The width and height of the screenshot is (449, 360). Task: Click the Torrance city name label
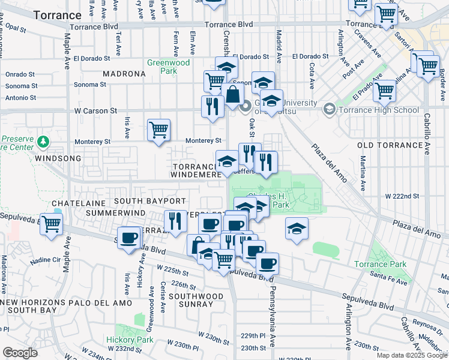(58, 15)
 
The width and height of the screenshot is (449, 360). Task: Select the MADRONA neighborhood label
(124, 74)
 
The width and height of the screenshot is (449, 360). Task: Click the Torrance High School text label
(379, 110)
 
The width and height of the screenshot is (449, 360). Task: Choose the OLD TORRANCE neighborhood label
(391, 146)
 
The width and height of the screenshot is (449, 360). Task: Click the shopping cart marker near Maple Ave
(51, 224)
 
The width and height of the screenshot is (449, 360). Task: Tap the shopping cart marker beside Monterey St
(158, 129)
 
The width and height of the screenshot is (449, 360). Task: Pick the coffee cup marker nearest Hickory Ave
(128, 238)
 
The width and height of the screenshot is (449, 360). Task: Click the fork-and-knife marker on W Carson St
(212, 106)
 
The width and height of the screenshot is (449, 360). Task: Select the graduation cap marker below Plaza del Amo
(297, 229)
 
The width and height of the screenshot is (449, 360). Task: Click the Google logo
(20, 353)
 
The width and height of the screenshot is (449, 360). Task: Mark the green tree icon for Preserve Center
(43, 142)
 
